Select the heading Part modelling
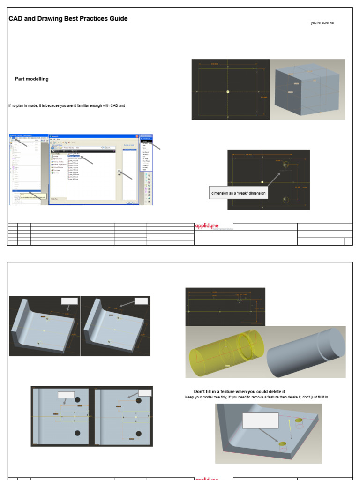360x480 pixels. tap(31, 79)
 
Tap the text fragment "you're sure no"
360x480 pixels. tap(322, 23)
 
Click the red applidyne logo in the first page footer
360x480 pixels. tap(207, 227)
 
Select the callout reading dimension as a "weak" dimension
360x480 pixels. tap(238, 193)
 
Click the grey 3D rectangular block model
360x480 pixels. tap(307, 89)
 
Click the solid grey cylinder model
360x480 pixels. tap(306, 352)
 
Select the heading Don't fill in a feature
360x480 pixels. tap(239, 391)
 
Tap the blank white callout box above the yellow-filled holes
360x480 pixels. tap(260, 420)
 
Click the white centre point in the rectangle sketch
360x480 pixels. tap(227, 92)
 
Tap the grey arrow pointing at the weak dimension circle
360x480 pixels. tap(274, 179)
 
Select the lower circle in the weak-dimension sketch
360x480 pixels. tap(286, 200)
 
